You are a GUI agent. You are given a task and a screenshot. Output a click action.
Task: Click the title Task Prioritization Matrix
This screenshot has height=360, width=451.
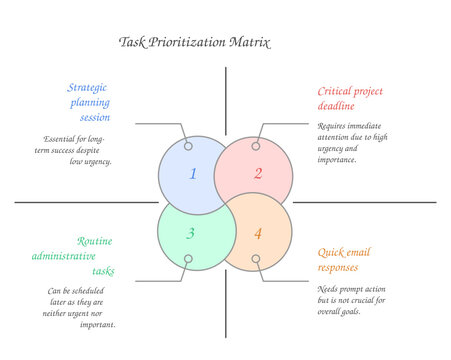pyautogui.click(x=194, y=42)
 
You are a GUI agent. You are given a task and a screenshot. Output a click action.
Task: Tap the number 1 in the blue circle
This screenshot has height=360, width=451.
pyautogui.click(x=193, y=174)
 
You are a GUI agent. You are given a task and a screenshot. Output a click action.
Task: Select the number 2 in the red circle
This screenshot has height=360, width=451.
pyautogui.click(x=257, y=174)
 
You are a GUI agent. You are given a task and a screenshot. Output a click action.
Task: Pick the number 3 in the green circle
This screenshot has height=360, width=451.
pyautogui.click(x=192, y=234)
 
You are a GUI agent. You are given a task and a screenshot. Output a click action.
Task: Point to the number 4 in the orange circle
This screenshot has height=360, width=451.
pyautogui.click(x=257, y=234)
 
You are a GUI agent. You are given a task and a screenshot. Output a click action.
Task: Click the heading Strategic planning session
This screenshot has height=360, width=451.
pyautogui.click(x=89, y=102)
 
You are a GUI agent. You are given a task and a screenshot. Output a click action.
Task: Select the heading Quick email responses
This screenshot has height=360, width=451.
pyautogui.click(x=344, y=259)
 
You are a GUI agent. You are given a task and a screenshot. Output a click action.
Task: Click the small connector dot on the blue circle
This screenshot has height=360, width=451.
pyautogui.click(x=186, y=146)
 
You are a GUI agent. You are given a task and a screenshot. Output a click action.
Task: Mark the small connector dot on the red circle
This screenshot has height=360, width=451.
pyautogui.click(x=256, y=146)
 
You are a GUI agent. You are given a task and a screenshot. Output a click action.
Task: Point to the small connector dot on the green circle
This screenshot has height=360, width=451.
pyautogui.click(x=186, y=260)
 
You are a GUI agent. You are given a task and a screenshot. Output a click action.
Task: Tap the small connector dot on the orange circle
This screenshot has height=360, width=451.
pyautogui.click(x=256, y=259)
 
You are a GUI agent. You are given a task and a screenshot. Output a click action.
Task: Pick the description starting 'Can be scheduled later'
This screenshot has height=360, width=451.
pyautogui.click(x=82, y=307)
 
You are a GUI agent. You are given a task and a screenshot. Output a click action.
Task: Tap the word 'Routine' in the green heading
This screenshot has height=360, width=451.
pyautogui.click(x=94, y=241)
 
